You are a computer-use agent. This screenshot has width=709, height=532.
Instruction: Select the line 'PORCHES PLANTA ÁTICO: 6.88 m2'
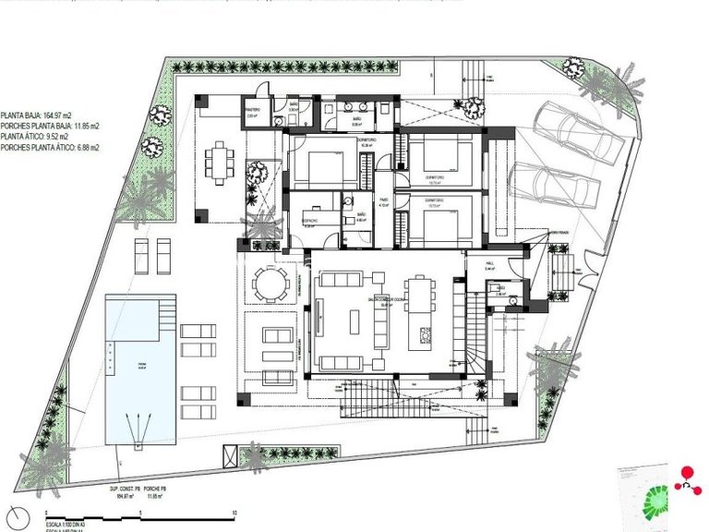click(51, 148)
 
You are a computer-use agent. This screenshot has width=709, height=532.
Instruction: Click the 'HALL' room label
click(490, 264)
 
